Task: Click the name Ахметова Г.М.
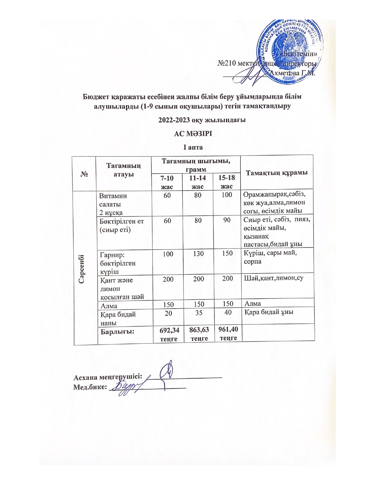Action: pyautogui.click(x=292, y=73)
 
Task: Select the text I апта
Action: pyautogui.click(x=193, y=147)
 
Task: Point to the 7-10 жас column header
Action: pyautogui.click(x=167, y=182)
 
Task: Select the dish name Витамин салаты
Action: pyautogui.click(x=113, y=200)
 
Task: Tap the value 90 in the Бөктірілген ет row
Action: pyautogui.click(x=226, y=220)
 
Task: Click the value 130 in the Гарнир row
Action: pyautogui.click(x=199, y=253)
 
